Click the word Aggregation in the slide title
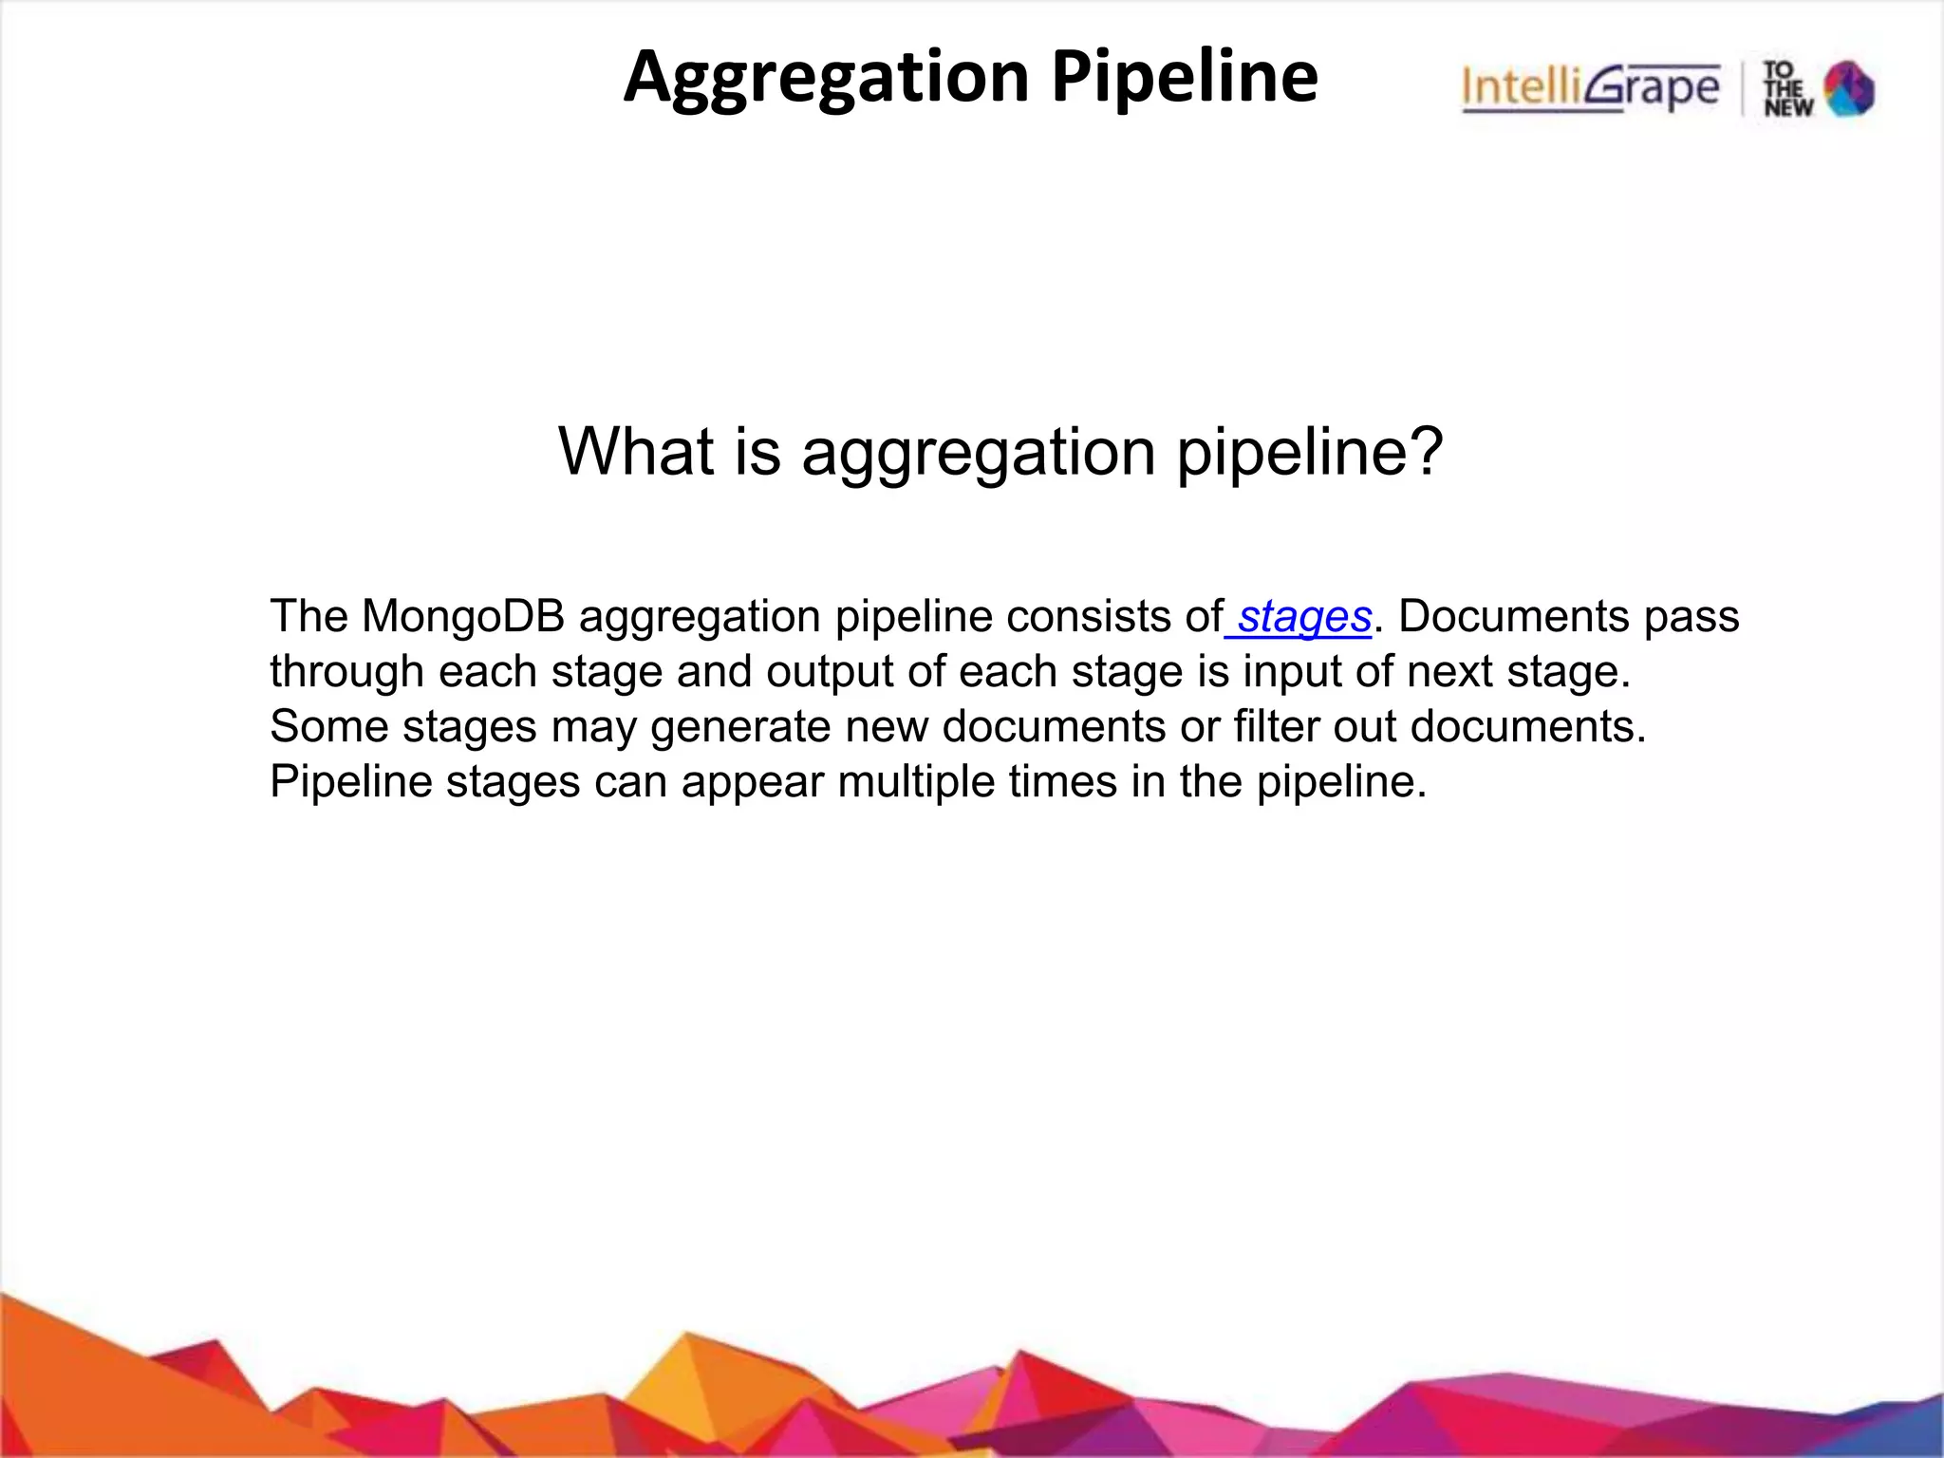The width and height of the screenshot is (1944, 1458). tap(826, 78)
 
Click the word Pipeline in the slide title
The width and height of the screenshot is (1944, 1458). tap(1185, 78)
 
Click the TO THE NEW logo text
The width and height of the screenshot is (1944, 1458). tap(1787, 89)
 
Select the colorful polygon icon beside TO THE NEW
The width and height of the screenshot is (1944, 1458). tap(1849, 89)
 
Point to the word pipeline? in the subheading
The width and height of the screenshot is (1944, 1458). tap(1310, 453)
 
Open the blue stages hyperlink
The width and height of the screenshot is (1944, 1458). tap(1304, 617)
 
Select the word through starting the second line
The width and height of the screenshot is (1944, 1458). tap(346, 672)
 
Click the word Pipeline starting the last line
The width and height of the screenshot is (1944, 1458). tap(350, 783)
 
